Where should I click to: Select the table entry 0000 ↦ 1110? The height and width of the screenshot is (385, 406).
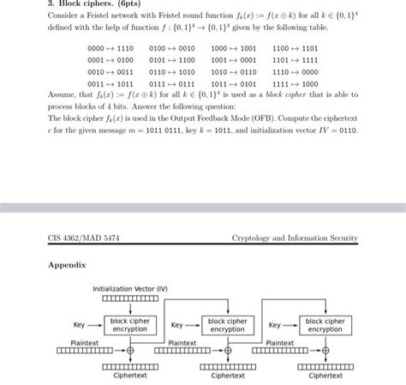(x=110, y=50)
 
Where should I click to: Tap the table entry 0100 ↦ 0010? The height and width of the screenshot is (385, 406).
(x=172, y=50)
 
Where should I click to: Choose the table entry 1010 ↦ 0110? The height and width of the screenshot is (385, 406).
(x=234, y=73)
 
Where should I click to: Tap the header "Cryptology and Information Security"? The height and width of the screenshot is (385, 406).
(x=295, y=238)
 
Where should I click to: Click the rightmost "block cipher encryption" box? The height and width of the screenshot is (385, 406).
(x=325, y=324)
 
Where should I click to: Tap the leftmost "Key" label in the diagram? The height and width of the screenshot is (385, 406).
(x=80, y=325)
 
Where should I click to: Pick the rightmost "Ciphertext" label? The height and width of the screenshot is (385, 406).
(x=325, y=375)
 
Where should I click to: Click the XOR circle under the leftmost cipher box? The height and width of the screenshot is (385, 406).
(x=130, y=351)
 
